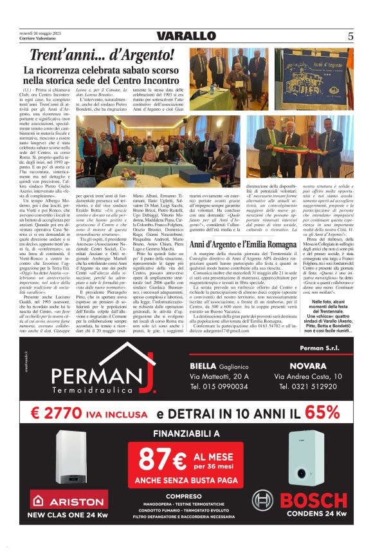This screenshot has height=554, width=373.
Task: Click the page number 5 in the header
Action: point(350,36)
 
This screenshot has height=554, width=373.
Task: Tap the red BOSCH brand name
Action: point(314,499)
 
